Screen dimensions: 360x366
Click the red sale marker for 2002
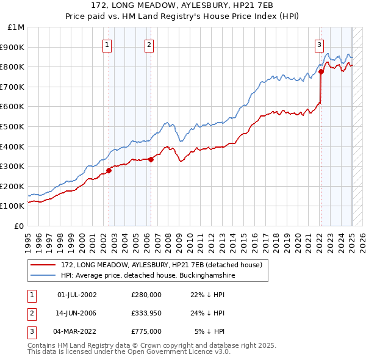[x=109, y=170]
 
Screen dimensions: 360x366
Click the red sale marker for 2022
[x=321, y=72]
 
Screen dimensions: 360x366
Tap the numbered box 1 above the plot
[x=107, y=44]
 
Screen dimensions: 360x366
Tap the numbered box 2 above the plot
[x=149, y=44]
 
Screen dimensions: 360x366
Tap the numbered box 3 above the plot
[x=318, y=44]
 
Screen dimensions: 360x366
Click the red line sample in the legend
[x=43, y=265]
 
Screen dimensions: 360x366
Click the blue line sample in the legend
[x=43, y=276]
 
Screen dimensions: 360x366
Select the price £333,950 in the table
[x=146, y=314]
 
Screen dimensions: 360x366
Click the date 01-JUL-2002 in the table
[x=77, y=295]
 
